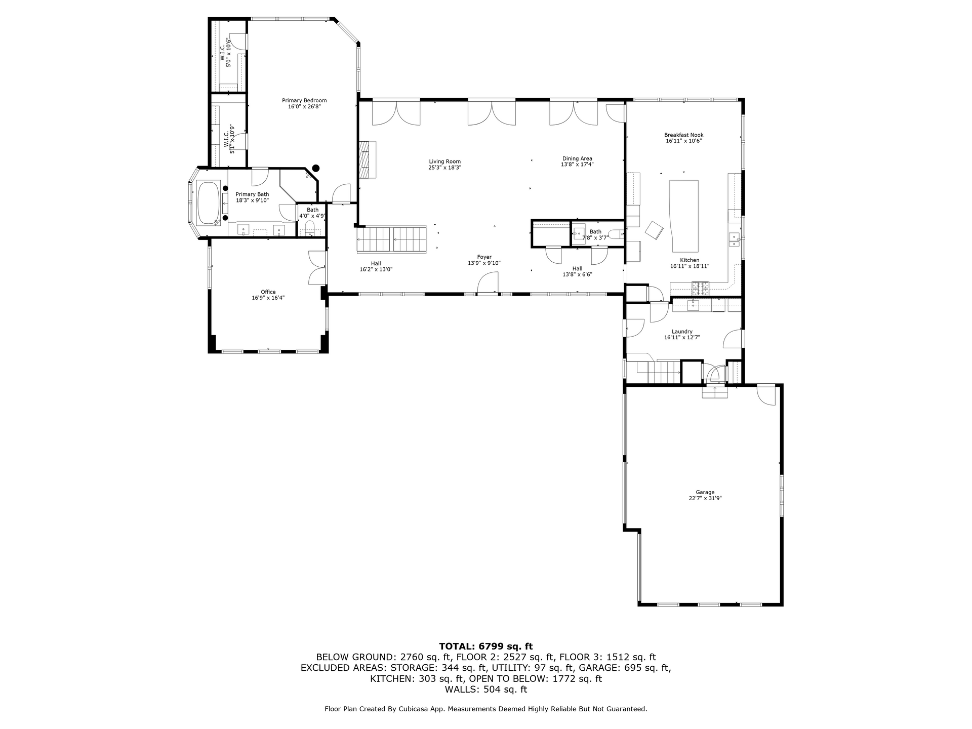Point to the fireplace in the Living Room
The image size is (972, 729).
(368, 159)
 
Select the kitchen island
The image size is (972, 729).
(684, 216)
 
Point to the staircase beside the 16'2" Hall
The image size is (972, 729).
(392, 239)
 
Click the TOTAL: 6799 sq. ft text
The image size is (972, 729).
(486, 646)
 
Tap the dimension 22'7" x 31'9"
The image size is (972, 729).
(705, 498)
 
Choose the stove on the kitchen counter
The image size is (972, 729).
(701, 289)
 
